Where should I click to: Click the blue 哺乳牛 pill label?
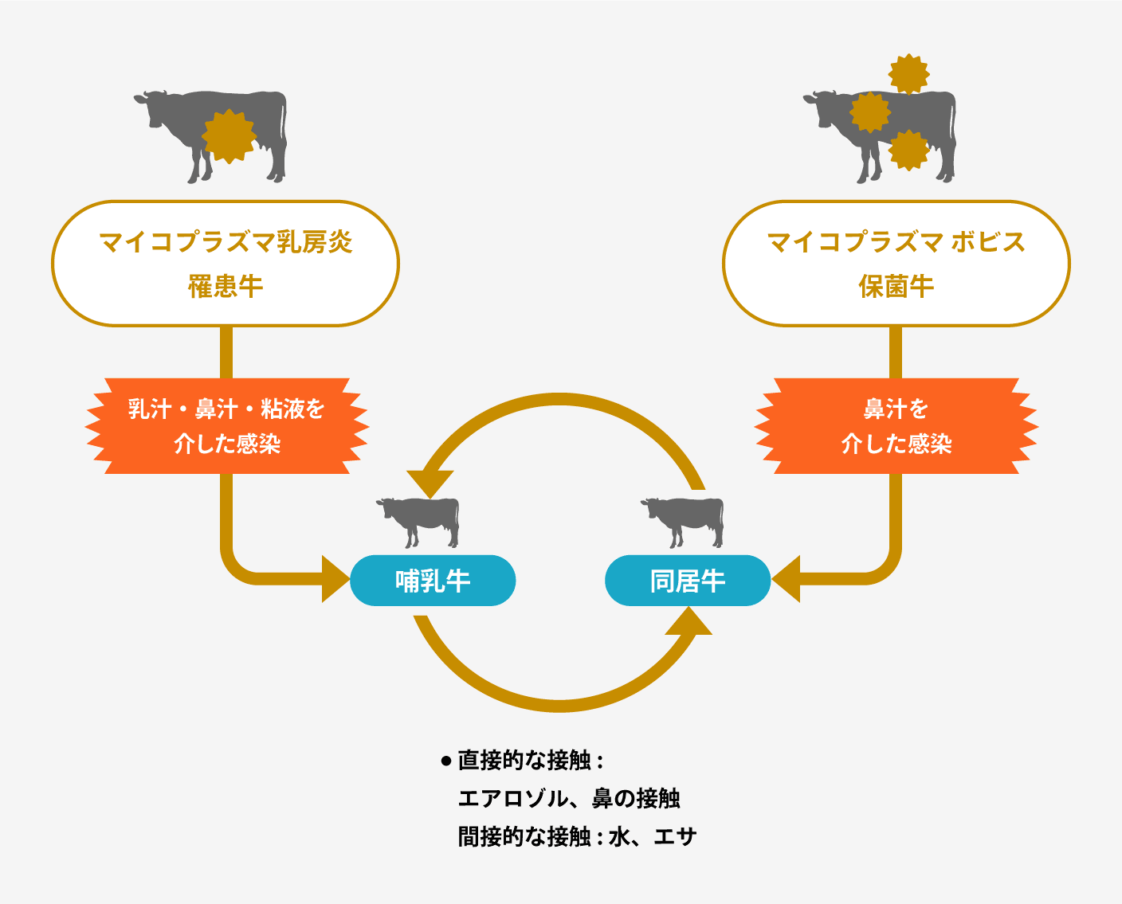coord(433,581)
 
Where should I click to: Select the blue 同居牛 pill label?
coord(688,581)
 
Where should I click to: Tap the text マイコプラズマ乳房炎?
coord(226,242)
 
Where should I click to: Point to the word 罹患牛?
coord(226,287)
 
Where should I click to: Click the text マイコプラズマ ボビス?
coord(896,242)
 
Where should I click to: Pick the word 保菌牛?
coord(896,287)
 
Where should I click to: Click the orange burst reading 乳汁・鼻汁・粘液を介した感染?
coord(227,425)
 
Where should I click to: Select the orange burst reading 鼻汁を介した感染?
coord(896,425)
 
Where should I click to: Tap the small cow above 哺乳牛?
coord(418,522)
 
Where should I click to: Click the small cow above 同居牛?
coord(682,522)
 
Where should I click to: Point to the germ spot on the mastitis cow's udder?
coord(229,136)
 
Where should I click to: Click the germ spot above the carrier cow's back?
coord(908,74)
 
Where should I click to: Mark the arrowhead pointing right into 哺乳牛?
coord(335,579)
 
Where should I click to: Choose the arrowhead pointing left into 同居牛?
coord(786,579)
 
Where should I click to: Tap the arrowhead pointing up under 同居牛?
coord(688,620)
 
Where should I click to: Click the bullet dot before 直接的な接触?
coord(445,761)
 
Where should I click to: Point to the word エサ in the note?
coord(676,837)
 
